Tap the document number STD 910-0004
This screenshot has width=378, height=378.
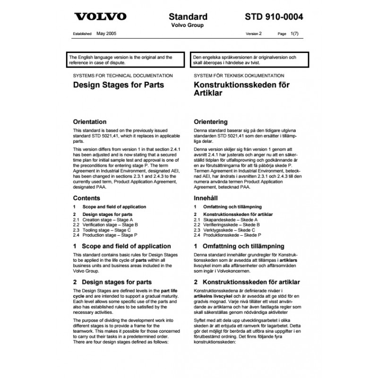pyautogui.click(x=275, y=17)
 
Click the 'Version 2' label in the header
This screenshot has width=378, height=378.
pyautogui.click(x=254, y=34)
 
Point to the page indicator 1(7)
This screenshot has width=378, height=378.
pyautogui.click(x=292, y=34)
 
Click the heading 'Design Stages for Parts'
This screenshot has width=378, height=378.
pyautogui.click(x=119, y=86)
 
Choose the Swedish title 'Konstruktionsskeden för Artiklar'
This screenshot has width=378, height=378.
pyautogui.click(x=241, y=89)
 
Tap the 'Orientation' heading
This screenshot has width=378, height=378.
pyautogui.click(x=90, y=121)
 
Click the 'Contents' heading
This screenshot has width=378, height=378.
pyautogui.click(x=86, y=198)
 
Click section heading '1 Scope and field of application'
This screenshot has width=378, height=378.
pyautogui.click(x=122, y=246)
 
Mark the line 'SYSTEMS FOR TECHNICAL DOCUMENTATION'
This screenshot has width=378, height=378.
pyautogui.click(x=120, y=76)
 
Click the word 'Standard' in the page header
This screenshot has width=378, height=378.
pyautogui.click(x=188, y=17)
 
